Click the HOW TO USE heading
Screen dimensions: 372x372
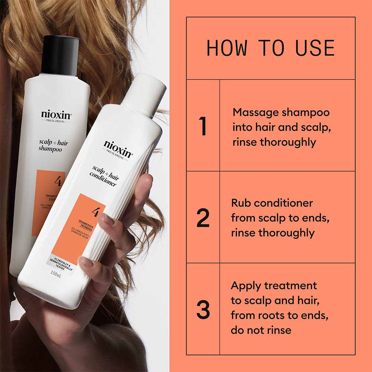(270, 48)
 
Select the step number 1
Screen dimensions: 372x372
(203, 126)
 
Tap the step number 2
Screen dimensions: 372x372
(203, 218)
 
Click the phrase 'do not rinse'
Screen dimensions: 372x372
(261, 330)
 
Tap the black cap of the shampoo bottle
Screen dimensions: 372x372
(60, 55)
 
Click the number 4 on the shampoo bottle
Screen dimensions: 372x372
(58, 181)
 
